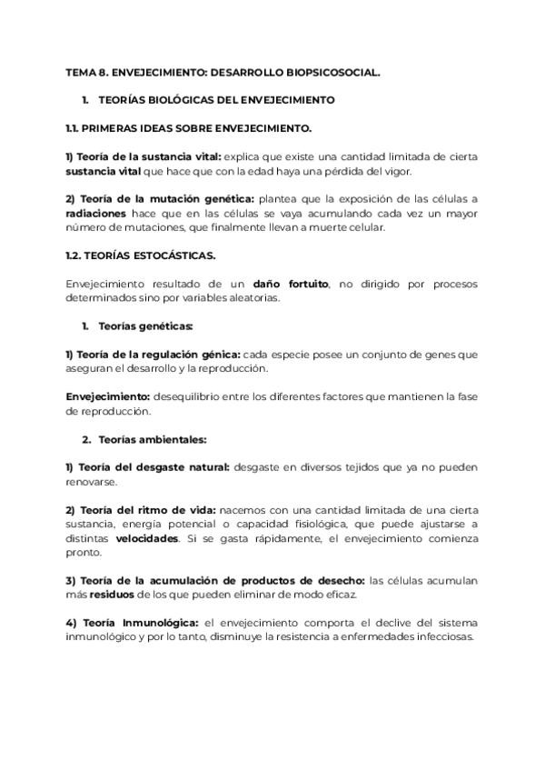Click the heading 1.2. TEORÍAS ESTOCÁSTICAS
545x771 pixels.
(140, 255)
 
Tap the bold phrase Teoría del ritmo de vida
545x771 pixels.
(144, 510)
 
